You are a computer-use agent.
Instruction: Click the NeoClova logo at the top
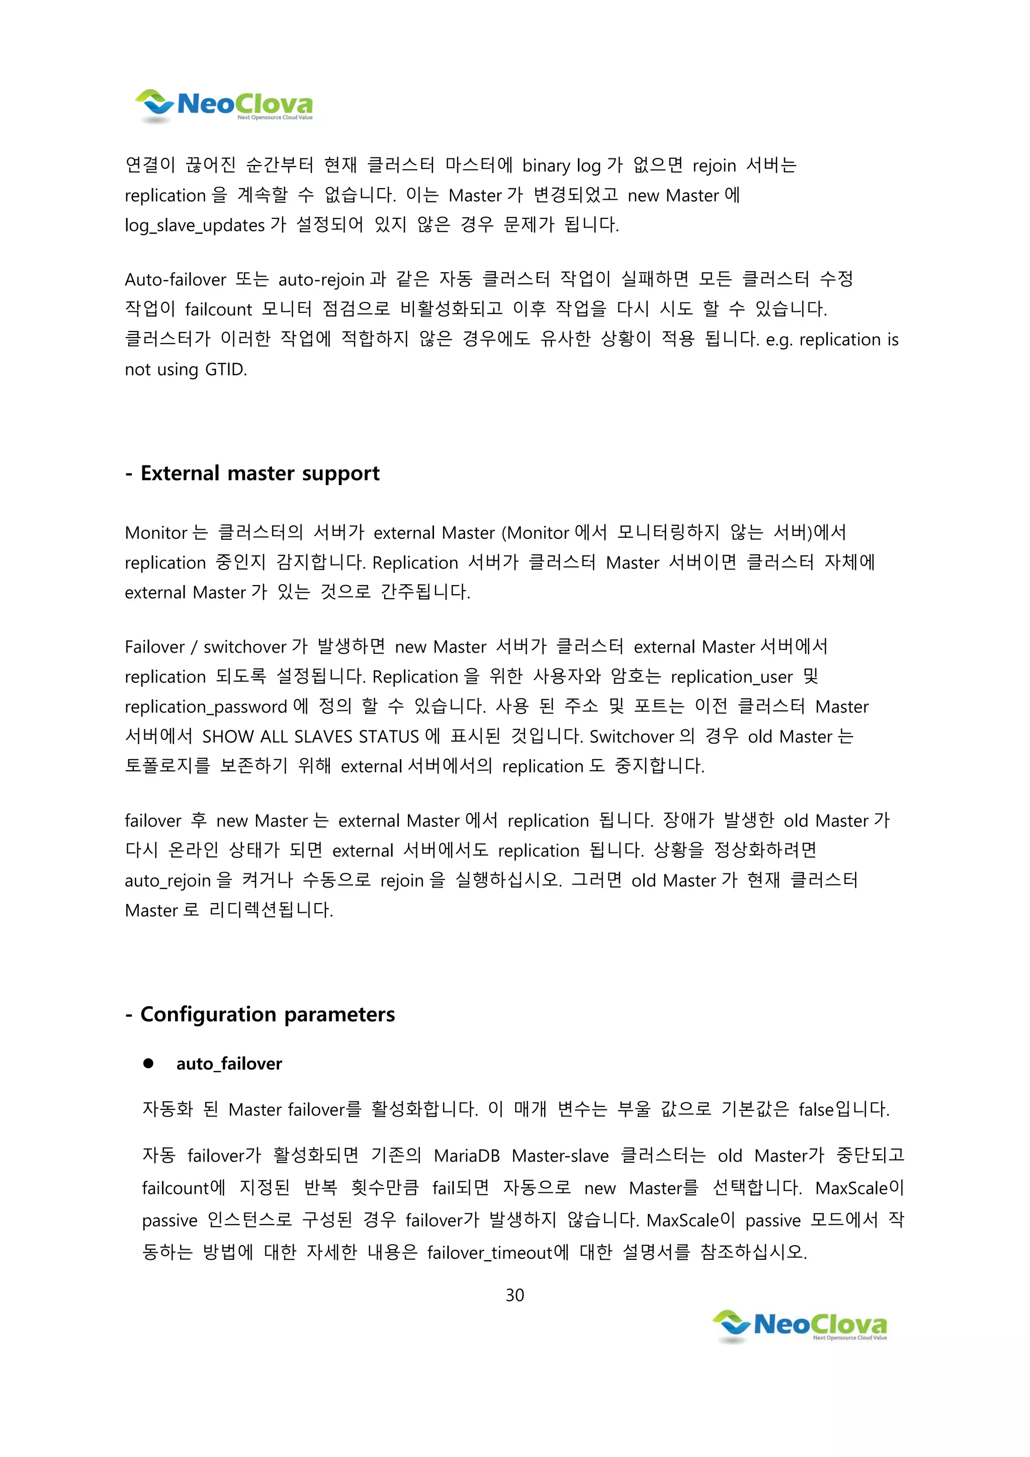(x=224, y=105)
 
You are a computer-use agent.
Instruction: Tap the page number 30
(x=514, y=1294)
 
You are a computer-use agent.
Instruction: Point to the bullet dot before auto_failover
(x=148, y=1064)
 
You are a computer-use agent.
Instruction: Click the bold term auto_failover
(x=229, y=1064)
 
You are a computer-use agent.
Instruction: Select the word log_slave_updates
(x=195, y=225)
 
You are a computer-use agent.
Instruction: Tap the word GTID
(x=225, y=369)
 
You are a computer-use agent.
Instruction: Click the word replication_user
(x=731, y=677)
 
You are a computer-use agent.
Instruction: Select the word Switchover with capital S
(x=632, y=737)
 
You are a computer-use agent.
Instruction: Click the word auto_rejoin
(x=168, y=881)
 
